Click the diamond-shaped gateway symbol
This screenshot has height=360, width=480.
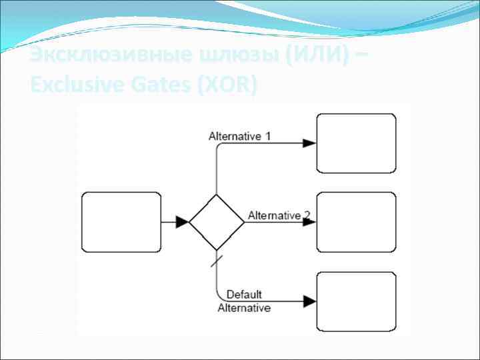217,222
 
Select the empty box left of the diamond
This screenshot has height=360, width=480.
121,222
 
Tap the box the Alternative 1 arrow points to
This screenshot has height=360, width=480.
356,143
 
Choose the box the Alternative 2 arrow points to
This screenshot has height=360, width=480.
356,222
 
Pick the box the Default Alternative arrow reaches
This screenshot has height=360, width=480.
356,301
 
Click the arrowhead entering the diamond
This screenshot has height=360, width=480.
182,222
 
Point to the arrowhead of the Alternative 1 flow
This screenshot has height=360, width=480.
309,143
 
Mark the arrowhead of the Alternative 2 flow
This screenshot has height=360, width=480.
309,222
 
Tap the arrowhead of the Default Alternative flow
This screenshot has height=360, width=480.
309,301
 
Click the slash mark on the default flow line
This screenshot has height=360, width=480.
217,260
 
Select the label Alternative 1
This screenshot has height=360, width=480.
240,136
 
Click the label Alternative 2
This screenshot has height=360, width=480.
279,215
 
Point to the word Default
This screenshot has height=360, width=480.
244,295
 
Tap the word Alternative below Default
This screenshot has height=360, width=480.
244,308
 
